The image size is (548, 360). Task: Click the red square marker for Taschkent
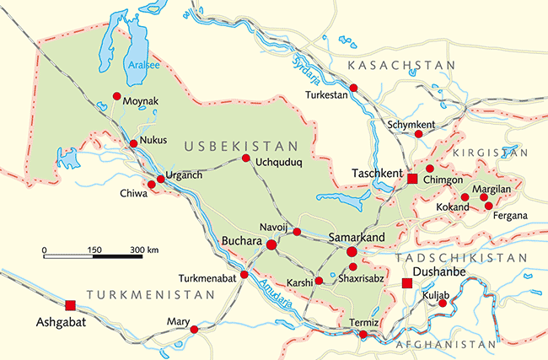(412, 179)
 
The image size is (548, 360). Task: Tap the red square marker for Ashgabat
(70, 305)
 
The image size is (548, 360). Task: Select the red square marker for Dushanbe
(407, 284)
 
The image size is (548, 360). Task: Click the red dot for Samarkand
(352, 251)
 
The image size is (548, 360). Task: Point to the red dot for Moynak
(117, 96)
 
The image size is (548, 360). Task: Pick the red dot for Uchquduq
(245, 159)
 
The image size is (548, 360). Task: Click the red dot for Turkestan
(354, 88)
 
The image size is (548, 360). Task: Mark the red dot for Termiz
(363, 335)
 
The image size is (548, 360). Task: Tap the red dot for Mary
(195, 330)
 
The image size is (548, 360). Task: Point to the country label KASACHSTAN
(402, 65)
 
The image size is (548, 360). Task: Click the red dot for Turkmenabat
(244, 274)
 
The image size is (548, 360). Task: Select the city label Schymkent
(411, 124)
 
